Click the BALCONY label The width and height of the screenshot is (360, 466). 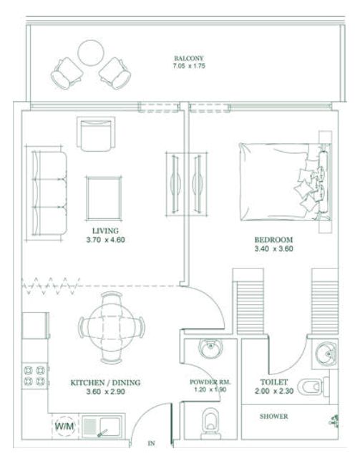189,58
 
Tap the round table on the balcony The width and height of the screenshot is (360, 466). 91,52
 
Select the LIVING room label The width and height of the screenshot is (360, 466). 105,230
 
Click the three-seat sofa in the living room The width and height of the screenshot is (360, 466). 49,193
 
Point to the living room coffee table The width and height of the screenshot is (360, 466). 104,198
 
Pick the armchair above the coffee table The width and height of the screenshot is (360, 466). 96,134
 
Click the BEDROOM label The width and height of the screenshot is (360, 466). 273,240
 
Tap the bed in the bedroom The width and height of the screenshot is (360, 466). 285,182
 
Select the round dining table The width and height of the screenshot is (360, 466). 112,328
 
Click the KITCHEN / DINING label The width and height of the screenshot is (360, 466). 105,382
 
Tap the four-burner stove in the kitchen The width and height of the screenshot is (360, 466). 34,376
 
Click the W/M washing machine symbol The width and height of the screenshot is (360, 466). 64,426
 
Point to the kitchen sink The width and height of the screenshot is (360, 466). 102,427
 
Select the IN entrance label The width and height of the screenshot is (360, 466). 152,443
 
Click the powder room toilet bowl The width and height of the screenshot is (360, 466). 210,423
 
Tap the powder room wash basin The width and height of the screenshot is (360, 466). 210,348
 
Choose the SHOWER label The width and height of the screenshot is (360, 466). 274,417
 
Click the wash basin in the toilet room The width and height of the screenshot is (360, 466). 326,354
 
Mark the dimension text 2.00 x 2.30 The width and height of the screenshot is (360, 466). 274,391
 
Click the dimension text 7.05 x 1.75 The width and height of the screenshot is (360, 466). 189,66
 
